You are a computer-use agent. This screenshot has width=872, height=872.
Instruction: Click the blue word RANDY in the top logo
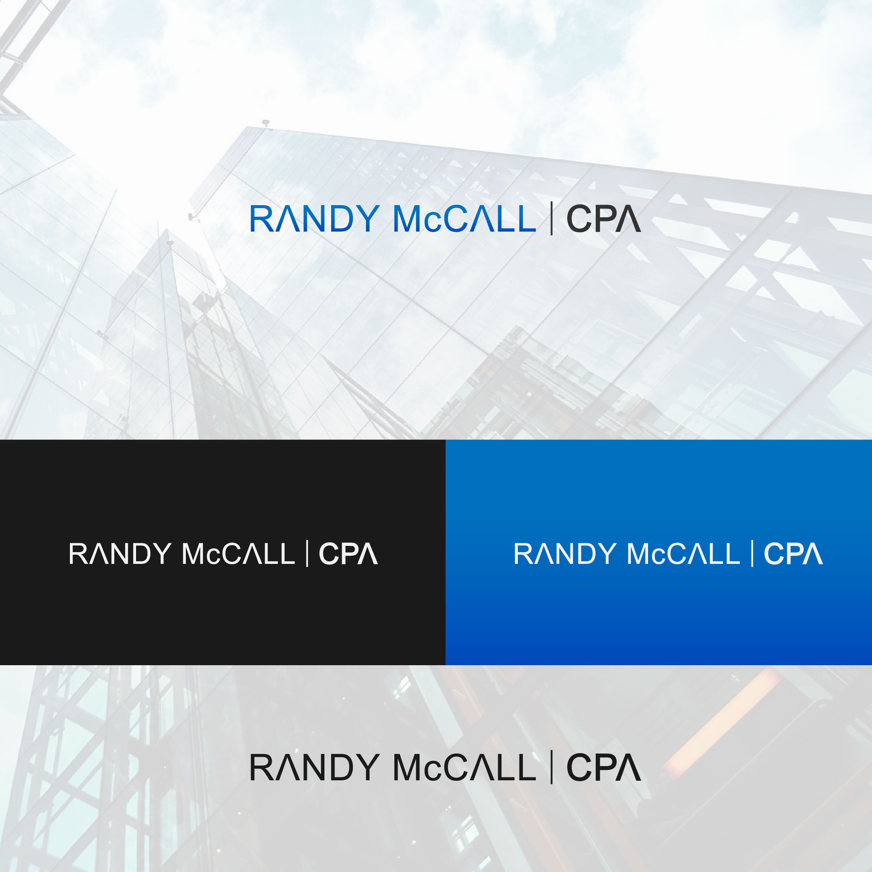coord(314,219)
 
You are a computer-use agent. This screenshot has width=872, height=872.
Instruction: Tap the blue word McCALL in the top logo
coord(464,219)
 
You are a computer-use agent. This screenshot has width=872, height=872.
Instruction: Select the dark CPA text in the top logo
coord(603,219)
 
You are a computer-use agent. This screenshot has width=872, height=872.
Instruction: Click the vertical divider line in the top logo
coord(552,219)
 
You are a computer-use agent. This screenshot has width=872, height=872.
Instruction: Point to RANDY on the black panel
coord(120,554)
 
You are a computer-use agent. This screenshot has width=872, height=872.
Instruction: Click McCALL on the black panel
coord(238,554)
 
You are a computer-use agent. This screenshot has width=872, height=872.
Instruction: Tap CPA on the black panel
coord(348,554)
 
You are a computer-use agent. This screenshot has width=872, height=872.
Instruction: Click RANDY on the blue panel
coord(565,554)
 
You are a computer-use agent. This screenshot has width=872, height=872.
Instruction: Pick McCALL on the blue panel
coord(683,554)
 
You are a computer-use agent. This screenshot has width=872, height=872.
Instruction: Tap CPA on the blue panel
coord(793,554)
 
